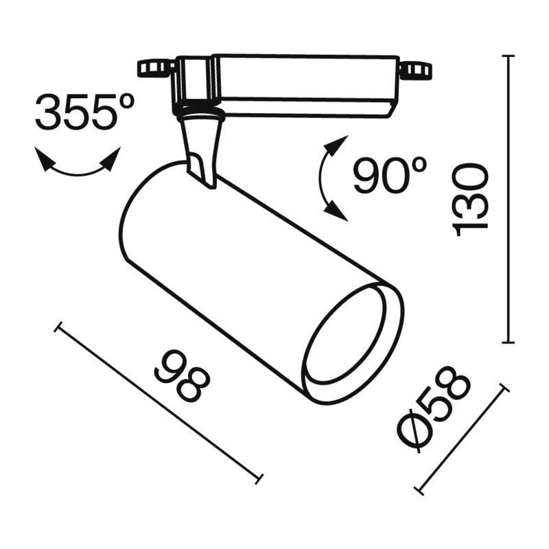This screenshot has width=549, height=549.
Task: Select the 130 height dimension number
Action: tap(470, 200)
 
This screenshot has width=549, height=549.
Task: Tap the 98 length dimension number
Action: tap(182, 375)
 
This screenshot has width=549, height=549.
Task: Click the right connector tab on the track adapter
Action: tap(416, 69)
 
